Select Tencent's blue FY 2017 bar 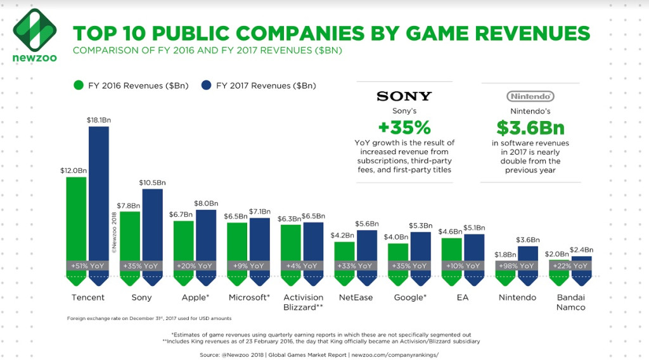point(99,190)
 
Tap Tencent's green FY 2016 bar point(76,215)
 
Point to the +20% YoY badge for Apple point(195,266)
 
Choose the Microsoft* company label point(249,297)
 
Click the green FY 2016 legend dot point(79,85)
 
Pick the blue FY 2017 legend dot point(206,85)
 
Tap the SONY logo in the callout point(404,96)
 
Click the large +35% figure point(404,127)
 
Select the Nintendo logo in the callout point(530,96)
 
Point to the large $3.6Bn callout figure point(530,128)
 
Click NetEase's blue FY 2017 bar point(367,244)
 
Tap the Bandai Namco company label point(571,302)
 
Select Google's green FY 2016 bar point(398,252)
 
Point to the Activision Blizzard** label point(302,302)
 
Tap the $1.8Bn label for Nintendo point(504,255)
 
